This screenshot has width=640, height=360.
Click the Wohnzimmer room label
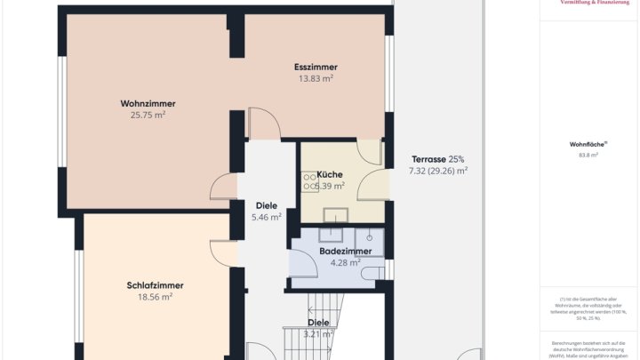(x=148, y=103)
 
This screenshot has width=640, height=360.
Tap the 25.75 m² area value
(x=148, y=115)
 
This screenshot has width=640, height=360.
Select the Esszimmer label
(x=316, y=68)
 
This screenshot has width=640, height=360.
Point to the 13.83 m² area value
(x=316, y=79)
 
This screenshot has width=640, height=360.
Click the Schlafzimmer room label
(x=155, y=285)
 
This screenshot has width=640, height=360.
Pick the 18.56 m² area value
(x=155, y=297)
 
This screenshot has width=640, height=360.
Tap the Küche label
(x=330, y=174)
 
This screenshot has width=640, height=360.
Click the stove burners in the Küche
(x=310, y=182)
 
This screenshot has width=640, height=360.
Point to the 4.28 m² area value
(x=345, y=262)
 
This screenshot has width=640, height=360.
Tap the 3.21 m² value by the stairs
(x=318, y=334)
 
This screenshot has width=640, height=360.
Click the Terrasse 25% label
(x=437, y=159)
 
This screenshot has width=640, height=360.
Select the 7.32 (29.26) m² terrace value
(x=437, y=171)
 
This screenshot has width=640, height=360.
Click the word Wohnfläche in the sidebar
(x=588, y=143)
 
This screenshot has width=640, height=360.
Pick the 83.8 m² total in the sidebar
(x=588, y=155)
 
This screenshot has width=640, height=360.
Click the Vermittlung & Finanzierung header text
(x=589, y=3)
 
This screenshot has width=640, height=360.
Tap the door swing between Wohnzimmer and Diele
(x=224, y=187)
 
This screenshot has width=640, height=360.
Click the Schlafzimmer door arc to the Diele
(x=225, y=252)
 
